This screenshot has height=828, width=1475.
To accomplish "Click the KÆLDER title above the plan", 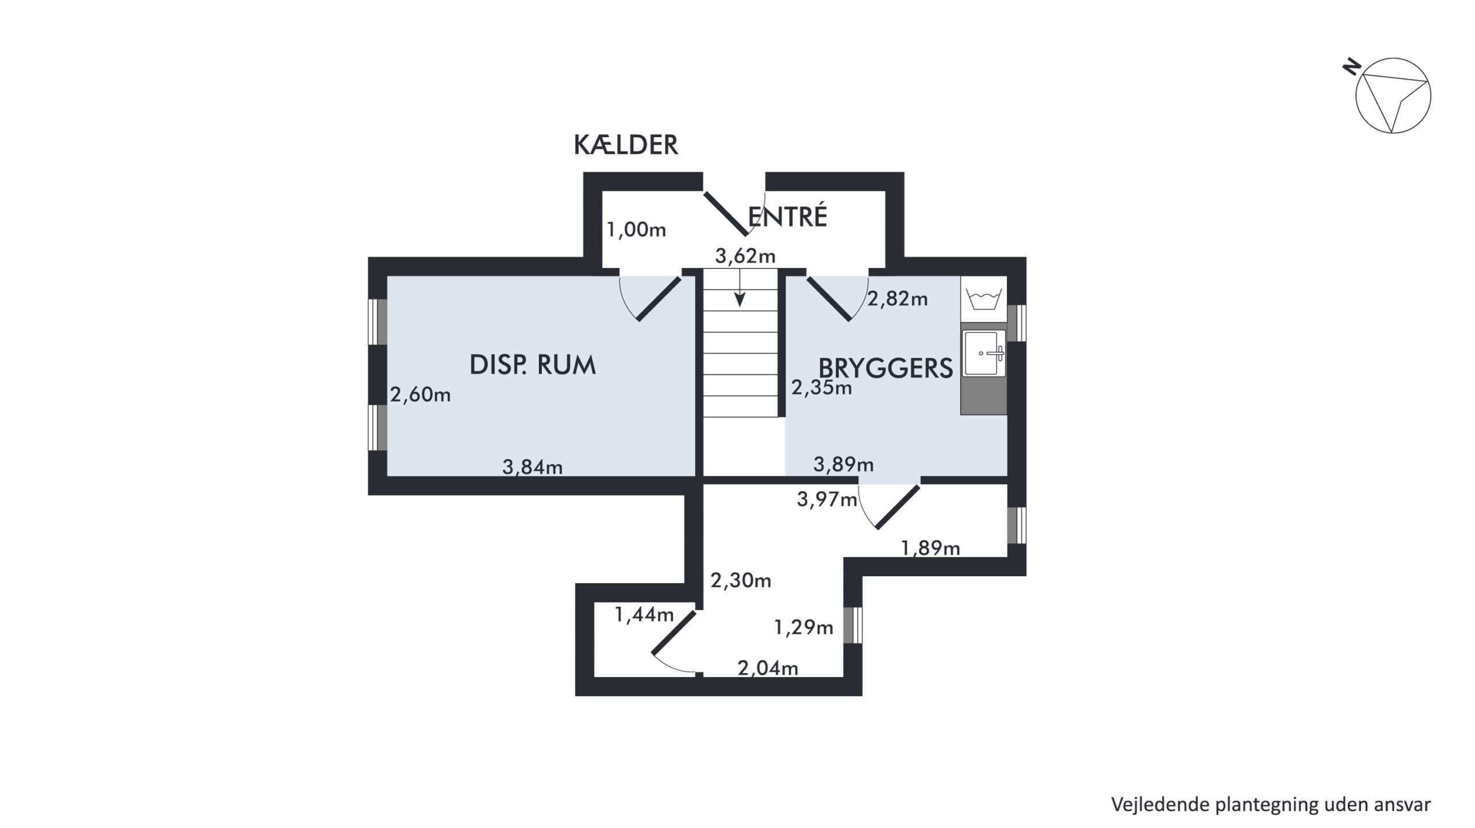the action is coord(626,145).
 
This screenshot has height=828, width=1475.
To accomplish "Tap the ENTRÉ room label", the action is coord(788,217).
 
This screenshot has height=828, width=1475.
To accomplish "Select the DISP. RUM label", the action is coord(532,365).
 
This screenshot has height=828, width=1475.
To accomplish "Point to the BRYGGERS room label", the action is coord(886,368).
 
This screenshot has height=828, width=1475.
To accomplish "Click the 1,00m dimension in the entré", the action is coord(636,230).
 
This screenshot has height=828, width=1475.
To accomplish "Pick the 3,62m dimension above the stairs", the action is coord(745,256).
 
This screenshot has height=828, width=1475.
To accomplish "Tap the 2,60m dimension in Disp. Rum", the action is coord(420,395).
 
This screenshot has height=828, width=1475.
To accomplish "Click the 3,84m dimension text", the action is coord(532,467).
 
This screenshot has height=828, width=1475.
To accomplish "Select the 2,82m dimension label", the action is coord(898,298).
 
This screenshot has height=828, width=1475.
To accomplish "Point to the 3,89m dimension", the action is coord(844,464).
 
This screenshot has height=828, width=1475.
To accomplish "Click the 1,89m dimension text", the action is coord(931,548).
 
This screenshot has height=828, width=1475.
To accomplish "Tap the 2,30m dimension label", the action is coord(741,580).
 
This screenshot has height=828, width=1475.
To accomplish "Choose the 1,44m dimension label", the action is coord(644,615).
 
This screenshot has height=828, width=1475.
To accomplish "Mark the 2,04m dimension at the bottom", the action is coord(768,668).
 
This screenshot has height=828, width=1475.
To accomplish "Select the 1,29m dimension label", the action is coord(803,627).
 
